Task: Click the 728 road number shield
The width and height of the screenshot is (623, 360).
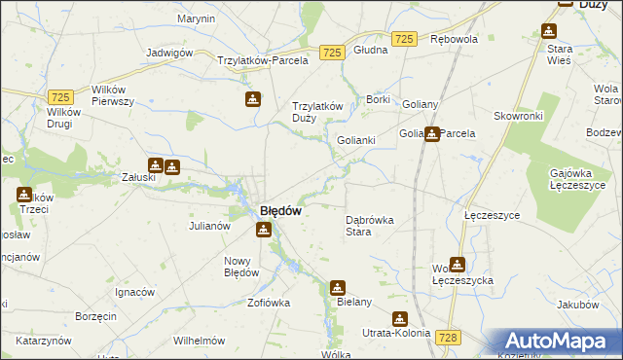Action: coord(448,337)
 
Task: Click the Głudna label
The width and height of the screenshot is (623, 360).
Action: coord(371,50)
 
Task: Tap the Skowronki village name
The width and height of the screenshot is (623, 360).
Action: coord(518,115)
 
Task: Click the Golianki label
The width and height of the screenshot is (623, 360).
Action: coord(356,140)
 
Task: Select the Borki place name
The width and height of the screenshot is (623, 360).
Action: coord(378,99)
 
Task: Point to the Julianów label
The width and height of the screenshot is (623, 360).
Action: coord(208,226)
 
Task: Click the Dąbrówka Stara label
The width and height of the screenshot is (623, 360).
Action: coord(370,226)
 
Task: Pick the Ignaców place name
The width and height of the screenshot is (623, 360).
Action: coord(135,292)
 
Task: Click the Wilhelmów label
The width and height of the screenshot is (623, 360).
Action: coord(199,342)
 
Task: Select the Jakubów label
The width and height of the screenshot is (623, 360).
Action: coord(578,305)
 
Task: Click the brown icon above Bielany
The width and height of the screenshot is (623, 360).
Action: coord(337,288)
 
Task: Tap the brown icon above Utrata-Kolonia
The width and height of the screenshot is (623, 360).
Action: coord(400,319)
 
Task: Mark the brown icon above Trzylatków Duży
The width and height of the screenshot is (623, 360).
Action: coord(252,99)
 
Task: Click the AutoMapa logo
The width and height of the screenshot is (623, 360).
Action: coord(561,342)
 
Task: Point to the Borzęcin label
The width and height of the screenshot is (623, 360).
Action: coord(95,317)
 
